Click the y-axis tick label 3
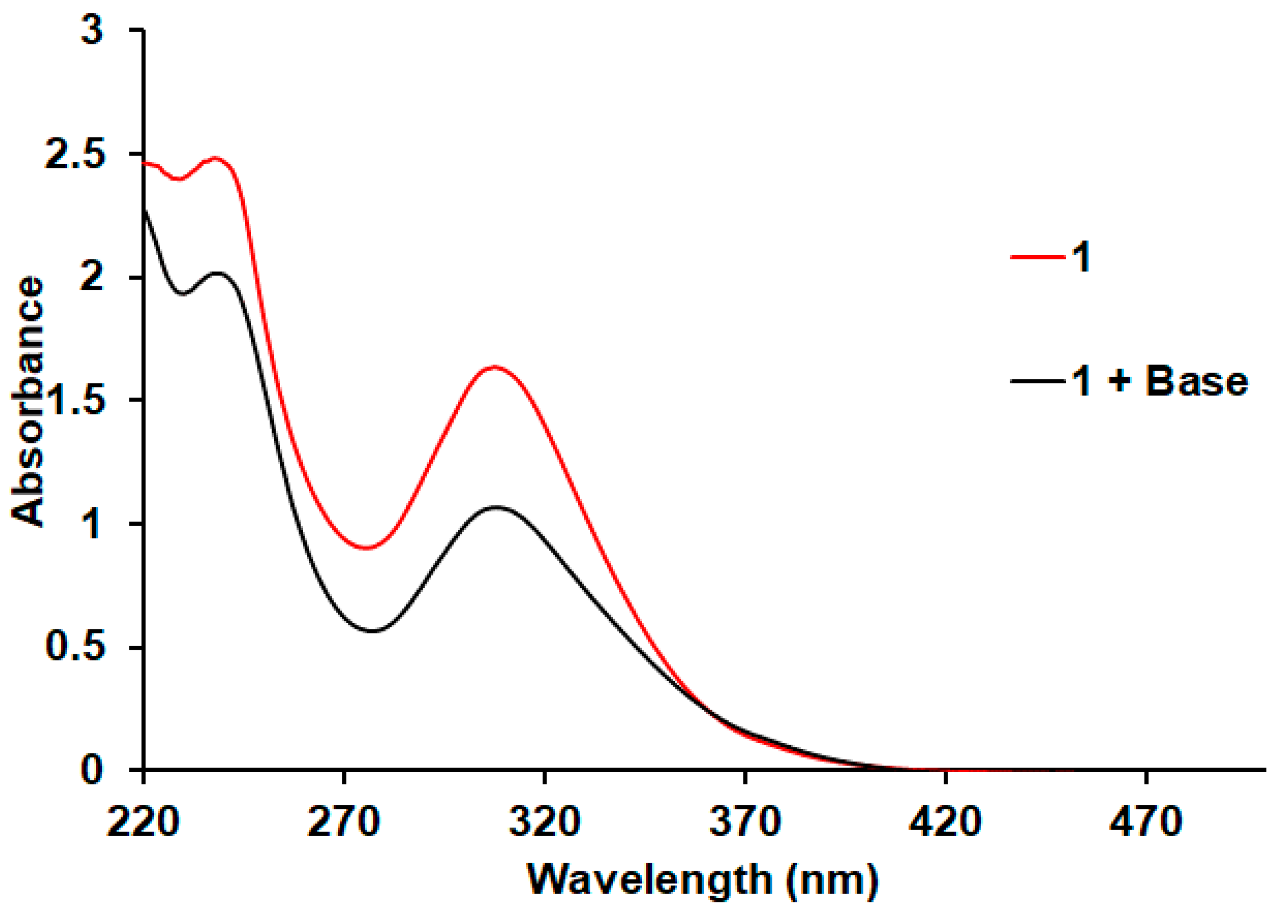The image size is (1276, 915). [x=93, y=30]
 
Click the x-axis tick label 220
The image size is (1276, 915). [x=143, y=821]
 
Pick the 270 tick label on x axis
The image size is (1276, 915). [x=344, y=821]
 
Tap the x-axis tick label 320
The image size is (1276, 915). [x=544, y=821]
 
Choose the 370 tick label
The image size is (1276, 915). [x=745, y=821]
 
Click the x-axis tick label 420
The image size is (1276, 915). [x=945, y=821]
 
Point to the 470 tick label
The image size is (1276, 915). [x=1146, y=821]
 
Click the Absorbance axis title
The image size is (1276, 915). [x=27, y=401]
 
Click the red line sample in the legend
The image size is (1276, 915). [x=1037, y=257]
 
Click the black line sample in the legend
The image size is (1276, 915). [x=1037, y=381]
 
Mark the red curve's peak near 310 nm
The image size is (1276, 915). [x=495, y=366]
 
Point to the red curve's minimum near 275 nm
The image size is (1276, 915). [x=368, y=548]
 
